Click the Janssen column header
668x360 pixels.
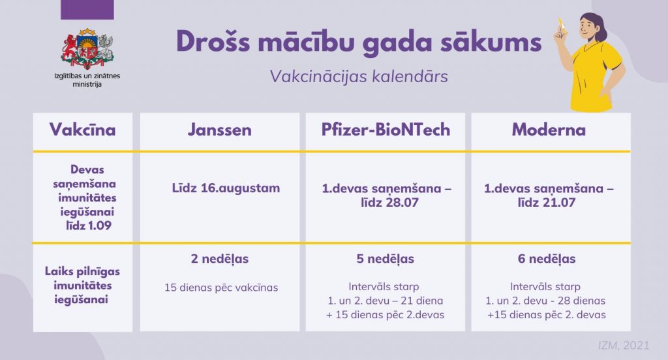pos(220,130)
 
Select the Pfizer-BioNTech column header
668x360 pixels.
pos(386,130)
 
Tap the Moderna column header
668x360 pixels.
pos(549,130)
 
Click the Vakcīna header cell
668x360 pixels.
pos(83,130)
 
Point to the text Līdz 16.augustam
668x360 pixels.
pos(226,188)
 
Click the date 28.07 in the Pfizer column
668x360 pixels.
pos(402,202)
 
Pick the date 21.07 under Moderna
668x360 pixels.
pos(558,202)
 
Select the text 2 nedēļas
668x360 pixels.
pos(220,259)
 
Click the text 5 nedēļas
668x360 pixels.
pos(385,259)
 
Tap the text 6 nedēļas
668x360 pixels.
pos(547,259)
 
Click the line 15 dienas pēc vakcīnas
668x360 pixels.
pos(221,288)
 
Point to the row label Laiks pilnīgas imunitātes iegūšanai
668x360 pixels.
pos(82,286)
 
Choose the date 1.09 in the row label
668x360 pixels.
pos(100,226)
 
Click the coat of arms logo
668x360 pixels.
pos(87,48)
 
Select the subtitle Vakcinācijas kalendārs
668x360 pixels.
pos(359,77)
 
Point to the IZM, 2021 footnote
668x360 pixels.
pos(624,345)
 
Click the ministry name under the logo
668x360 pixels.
pos(87,80)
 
